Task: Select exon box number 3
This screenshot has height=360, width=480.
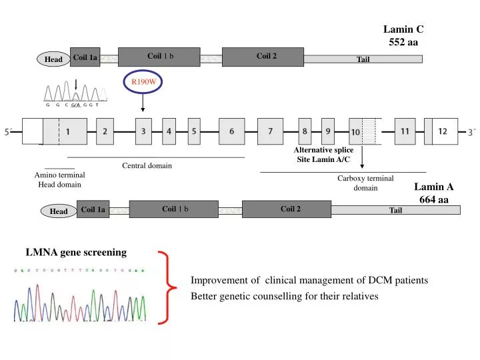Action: coord(143,131)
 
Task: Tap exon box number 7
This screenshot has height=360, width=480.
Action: coord(269,131)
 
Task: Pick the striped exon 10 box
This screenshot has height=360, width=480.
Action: coord(365,132)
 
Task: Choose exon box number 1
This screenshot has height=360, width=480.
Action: coord(67,131)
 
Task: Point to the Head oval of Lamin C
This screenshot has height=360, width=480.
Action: coord(53,60)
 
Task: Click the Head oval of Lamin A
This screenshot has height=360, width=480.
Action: coord(59,211)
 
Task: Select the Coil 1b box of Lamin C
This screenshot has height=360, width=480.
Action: coord(159,57)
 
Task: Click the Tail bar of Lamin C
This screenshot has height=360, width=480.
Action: coord(363,59)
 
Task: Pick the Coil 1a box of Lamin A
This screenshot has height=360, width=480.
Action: coord(93,209)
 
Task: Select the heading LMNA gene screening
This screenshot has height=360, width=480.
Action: coord(76,252)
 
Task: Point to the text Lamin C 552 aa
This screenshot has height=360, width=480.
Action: coord(403,35)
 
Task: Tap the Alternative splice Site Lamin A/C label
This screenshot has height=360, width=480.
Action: coord(324,155)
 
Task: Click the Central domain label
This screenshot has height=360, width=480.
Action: coord(147,165)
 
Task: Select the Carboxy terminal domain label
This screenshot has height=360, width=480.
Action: coord(365,183)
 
